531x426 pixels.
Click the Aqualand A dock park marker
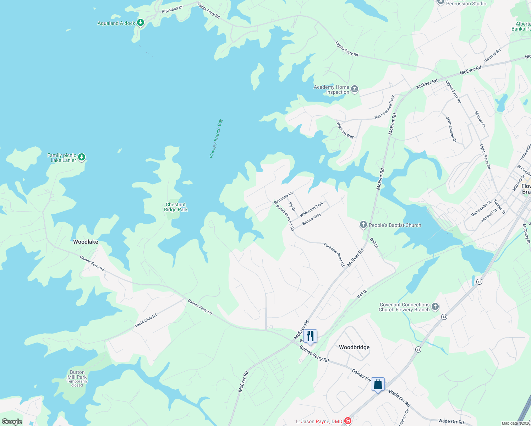pyautogui.click(x=141, y=23)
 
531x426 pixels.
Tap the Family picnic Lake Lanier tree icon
pyautogui.click(x=82, y=157)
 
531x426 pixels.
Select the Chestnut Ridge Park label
pyautogui.click(x=176, y=207)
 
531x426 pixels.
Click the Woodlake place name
pyautogui.click(x=86, y=242)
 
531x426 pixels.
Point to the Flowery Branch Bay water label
pyautogui.click(x=216, y=138)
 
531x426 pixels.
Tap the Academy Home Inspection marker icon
pyautogui.click(x=354, y=89)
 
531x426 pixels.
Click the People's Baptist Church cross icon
pyautogui.click(x=363, y=225)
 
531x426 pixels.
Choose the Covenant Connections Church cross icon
pyautogui.click(x=435, y=307)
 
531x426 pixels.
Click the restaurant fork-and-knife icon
pyautogui.click(x=310, y=336)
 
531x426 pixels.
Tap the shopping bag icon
pyautogui.click(x=378, y=384)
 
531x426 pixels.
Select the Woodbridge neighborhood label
pyautogui.click(x=354, y=347)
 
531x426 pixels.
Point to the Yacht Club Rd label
pyautogui.click(x=146, y=321)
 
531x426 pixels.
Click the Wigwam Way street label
pyautogui.click(x=345, y=130)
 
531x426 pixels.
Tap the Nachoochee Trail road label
pyautogui.click(x=385, y=107)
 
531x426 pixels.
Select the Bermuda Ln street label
pyautogui.click(x=283, y=198)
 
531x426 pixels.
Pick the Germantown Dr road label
pyautogui.click(x=451, y=129)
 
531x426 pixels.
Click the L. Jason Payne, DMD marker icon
pyautogui.click(x=347, y=421)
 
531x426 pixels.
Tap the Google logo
pyautogui.click(x=12, y=422)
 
